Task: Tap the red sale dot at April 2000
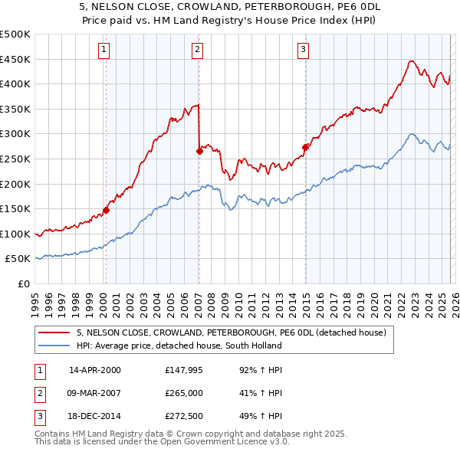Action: click(x=107, y=210)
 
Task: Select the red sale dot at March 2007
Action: click(x=199, y=151)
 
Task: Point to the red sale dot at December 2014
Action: click(x=305, y=147)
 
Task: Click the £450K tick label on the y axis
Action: click(x=15, y=59)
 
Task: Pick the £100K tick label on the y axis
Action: click(x=15, y=234)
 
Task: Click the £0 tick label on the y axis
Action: click(x=23, y=284)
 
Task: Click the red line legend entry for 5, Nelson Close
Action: click(x=235, y=332)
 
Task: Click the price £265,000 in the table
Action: click(x=183, y=394)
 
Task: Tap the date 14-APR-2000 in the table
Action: click(x=94, y=369)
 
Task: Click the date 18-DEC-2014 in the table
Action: click(x=94, y=418)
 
